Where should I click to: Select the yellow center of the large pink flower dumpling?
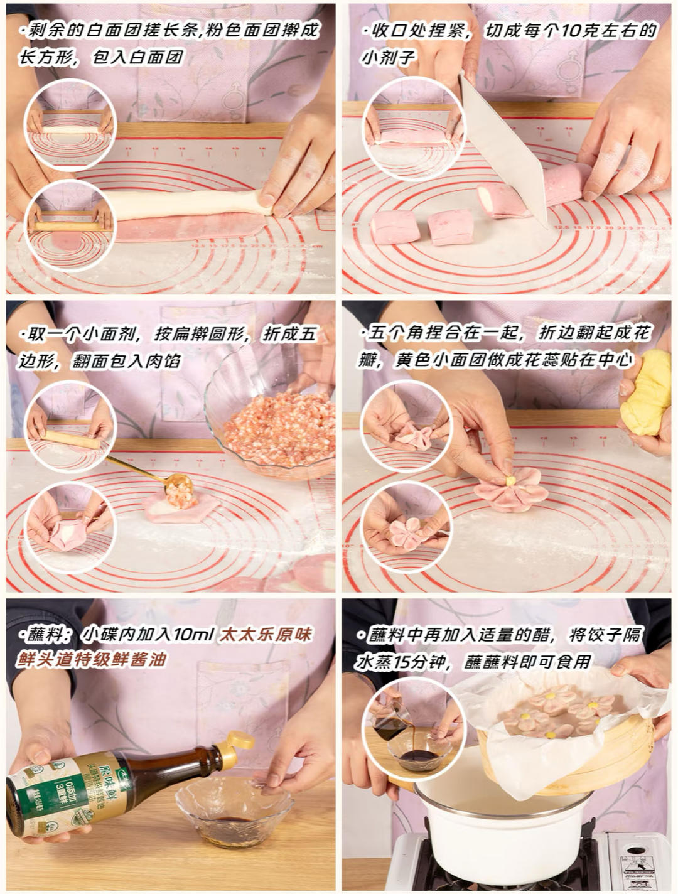click(x=510, y=481)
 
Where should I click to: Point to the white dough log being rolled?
click(x=188, y=205)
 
